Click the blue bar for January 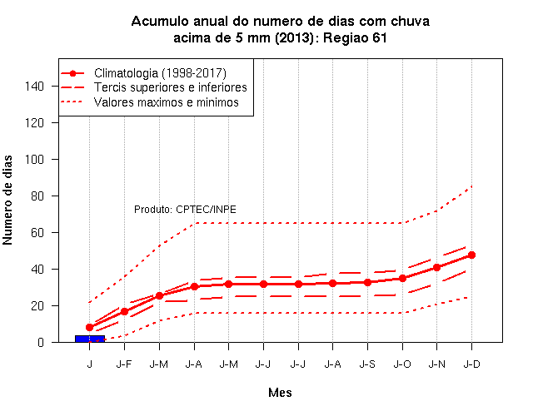point(90,339)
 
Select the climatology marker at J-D point(471,255)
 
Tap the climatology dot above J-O point(402,279)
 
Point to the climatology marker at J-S point(367,282)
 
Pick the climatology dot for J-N point(436,268)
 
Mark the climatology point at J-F point(124,311)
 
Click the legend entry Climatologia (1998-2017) point(160,73)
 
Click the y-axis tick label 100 point(34,159)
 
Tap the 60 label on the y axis point(37,233)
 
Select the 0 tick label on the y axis point(41,342)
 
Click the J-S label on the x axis point(367,364)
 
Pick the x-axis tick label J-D point(472,364)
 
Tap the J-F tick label point(124,364)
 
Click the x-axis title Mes point(280,393)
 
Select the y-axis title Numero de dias point(7,200)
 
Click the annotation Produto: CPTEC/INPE point(185,209)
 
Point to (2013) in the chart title point(294,37)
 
